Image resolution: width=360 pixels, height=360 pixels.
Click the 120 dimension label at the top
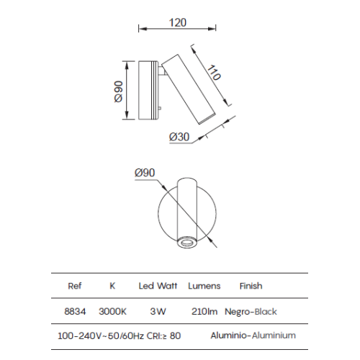pos(178,22)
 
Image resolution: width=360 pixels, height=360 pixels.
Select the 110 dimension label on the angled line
pos(214,73)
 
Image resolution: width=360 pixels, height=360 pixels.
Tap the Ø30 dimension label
pos(179,137)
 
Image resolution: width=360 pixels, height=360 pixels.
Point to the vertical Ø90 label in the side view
pos(119,91)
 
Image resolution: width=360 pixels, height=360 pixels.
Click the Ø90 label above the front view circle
pos(145,173)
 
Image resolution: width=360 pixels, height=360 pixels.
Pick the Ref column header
pos(75,286)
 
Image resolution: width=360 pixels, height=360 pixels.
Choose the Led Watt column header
pos(158,286)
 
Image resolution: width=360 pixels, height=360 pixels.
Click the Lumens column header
pos(204,286)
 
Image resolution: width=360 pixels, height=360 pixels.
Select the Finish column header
pos(251,286)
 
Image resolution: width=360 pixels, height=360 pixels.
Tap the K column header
pos(112,286)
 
